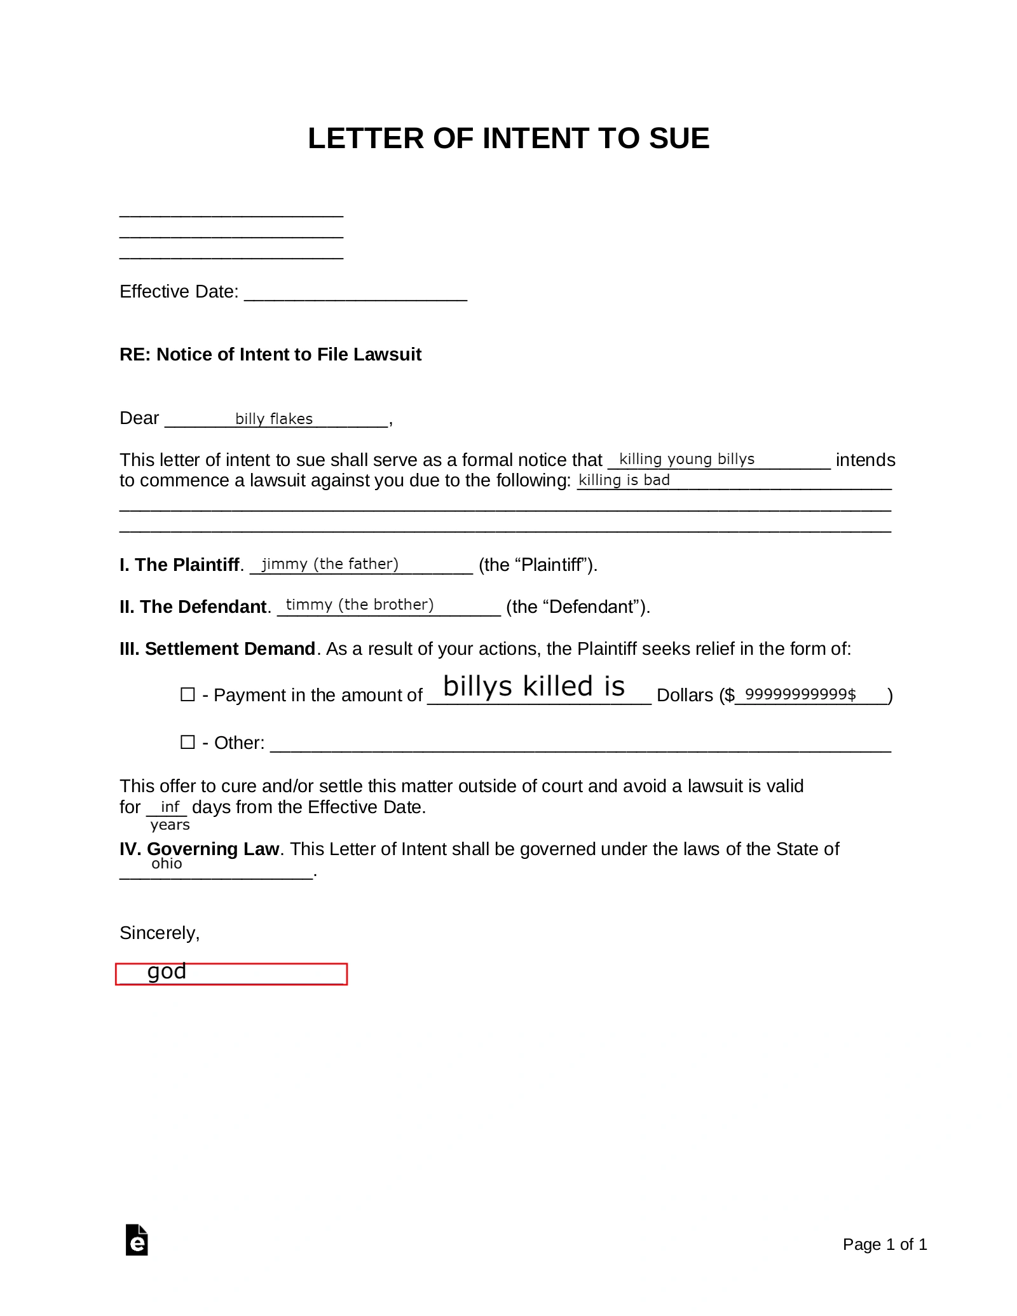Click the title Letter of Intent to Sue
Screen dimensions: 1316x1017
pyautogui.click(x=508, y=139)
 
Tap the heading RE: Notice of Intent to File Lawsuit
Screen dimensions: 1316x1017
pyautogui.click(x=270, y=355)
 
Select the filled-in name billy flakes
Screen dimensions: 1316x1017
pyautogui.click(x=274, y=419)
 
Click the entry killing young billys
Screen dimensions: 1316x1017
pyautogui.click(x=686, y=459)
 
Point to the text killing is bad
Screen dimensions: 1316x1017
pyautogui.click(x=624, y=480)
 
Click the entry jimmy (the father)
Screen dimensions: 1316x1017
pyautogui.click(x=330, y=564)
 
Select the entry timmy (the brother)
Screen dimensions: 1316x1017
pyautogui.click(x=360, y=605)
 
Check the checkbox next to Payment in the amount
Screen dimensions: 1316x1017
pyautogui.click(x=188, y=694)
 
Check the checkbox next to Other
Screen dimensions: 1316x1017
pyautogui.click(x=188, y=742)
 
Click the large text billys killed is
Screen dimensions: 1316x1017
pyautogui.click(x=534, y=687)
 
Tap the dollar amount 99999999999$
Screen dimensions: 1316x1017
pyautogui.click(x=800, y=694)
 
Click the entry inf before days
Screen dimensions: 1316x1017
pyautogui.click(x=170, y=807)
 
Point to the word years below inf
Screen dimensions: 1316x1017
pyautogui.click(x=170, y=825)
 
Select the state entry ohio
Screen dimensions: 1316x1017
pyautogui.click(x=167, y=864)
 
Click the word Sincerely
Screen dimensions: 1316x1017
pyautogui.click(x=160, y=933)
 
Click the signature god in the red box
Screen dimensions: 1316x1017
pyautogui.click(x=167, y=971)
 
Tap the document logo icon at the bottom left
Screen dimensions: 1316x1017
pyautogui.click(x=137, y=1240)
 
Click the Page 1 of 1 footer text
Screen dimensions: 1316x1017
pyautogui.click(x=884, y=1244)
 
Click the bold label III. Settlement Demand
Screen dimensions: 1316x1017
pyautogui.click(x=217, y=649)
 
